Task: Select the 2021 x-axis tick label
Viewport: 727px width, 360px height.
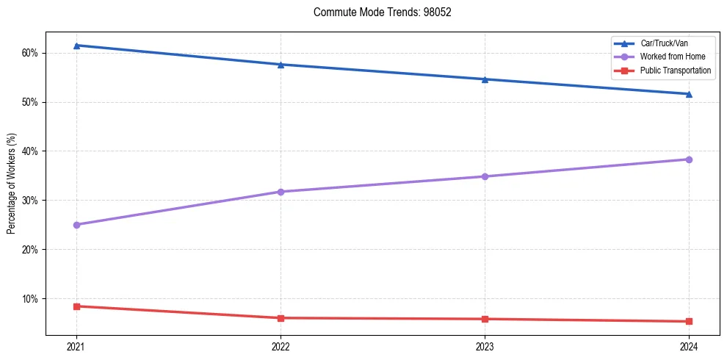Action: pos(76,346)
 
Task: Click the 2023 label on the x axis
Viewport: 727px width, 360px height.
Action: pos(485,346)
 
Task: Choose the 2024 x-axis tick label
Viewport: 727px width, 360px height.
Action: pos(689,346)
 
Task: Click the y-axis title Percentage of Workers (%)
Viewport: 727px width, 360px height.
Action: pos(12,184)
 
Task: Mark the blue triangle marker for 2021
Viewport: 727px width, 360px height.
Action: pos(76,46)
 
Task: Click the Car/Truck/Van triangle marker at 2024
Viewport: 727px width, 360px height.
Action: pos(689,94)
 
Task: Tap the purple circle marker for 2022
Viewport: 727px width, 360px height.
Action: pos(281,192)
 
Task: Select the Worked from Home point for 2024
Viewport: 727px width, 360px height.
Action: pos(689,159)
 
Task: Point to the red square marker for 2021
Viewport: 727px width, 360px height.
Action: pos(76,306)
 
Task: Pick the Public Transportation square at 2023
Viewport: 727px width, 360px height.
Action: pos(485,319)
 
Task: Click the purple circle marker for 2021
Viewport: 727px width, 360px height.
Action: pos(76,225)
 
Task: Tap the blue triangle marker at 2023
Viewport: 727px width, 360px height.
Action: pos(485,79)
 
